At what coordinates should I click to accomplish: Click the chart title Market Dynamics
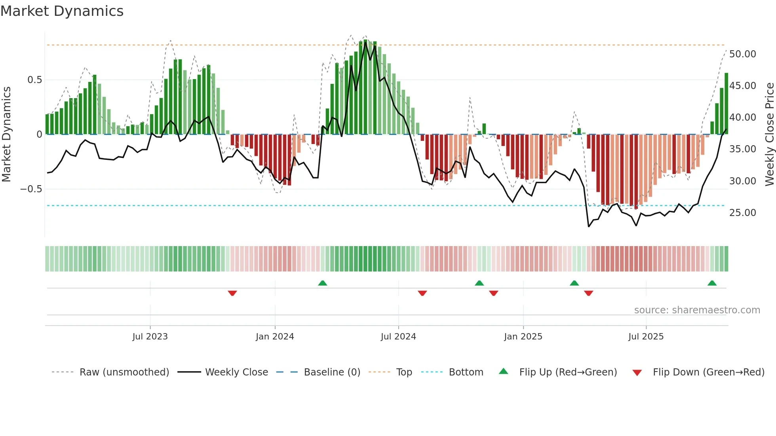62,11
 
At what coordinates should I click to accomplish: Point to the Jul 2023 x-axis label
150,337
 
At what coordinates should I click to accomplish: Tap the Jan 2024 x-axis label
275,337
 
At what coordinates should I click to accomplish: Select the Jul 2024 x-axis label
398,337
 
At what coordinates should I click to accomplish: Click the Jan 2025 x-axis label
523,337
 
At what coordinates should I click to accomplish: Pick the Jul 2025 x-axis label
646,337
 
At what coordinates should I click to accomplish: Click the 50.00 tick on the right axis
742,54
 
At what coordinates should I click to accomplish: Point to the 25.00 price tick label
742,213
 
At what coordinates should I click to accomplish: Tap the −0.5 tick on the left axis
31,189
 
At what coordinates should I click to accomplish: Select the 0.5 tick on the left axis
34,80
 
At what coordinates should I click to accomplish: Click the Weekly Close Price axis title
769,134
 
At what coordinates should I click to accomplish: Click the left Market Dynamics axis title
6,134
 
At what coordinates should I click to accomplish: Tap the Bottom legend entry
466,372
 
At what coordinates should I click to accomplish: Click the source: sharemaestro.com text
697,310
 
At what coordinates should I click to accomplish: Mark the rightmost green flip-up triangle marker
712,283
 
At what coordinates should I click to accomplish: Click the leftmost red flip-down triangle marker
232,293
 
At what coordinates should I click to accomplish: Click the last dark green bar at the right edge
727,104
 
